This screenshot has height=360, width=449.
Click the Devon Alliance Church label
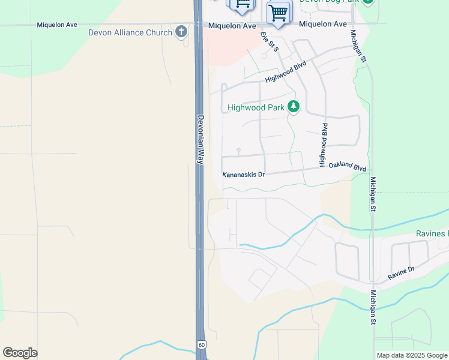point(130,32)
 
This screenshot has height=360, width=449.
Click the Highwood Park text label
point(256,108)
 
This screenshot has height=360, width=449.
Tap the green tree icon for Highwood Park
point(293,107)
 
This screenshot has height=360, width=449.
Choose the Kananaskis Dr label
point(244,175)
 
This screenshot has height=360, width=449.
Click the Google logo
point(20,352)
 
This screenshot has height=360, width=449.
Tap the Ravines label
point(432,233)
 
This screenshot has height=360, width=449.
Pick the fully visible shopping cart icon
point(279,12)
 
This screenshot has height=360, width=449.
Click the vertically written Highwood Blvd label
point(324,145)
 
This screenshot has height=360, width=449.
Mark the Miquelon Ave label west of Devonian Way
point(57,25)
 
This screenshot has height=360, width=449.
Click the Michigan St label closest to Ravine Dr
point(373,308)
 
